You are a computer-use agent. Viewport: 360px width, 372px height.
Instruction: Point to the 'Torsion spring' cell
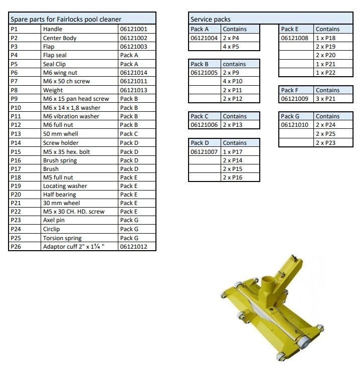click(62, 238)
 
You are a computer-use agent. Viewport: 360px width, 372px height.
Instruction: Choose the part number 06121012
click(133, 247)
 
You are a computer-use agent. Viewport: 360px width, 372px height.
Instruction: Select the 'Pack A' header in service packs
click(200, 29)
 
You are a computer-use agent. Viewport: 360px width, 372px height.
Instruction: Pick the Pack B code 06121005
click(204, 72)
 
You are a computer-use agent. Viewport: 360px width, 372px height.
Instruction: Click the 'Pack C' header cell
click(200, 116)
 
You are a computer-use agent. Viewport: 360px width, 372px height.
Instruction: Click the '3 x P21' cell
click(326, 99)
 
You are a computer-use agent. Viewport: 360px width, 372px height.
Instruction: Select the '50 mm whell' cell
click(61, 134)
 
